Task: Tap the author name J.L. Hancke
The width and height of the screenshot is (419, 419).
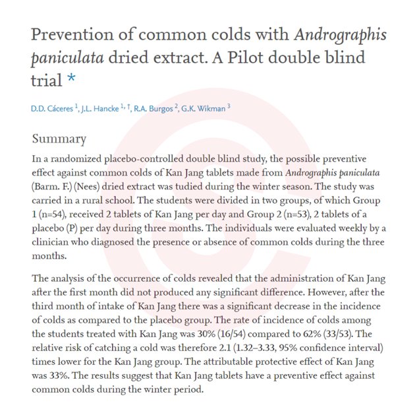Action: (105, 109)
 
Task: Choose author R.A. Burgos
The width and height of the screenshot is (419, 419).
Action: (155, 109)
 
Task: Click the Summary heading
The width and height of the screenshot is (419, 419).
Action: (59, 139)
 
